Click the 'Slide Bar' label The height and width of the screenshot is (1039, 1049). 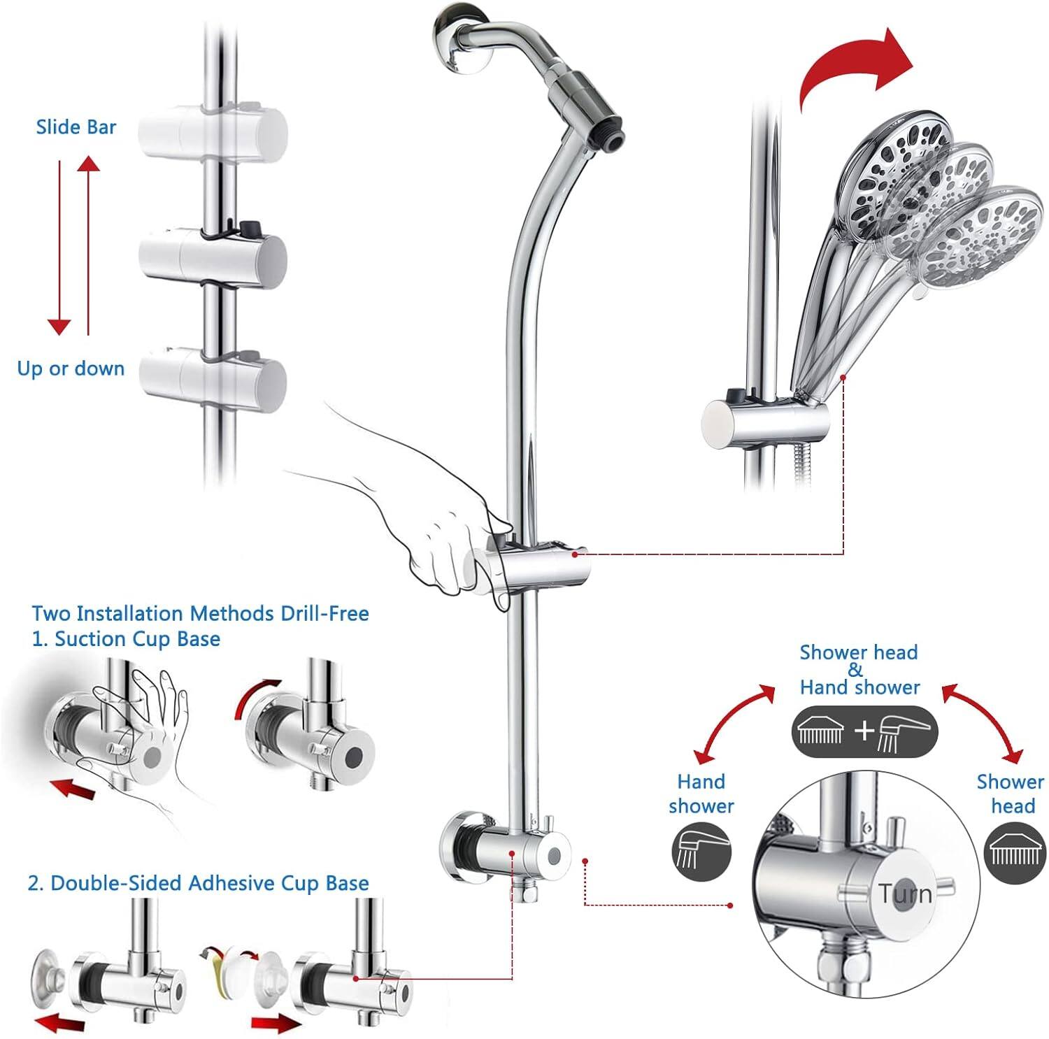(x=76, y=127)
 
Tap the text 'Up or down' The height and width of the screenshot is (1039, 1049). (x=71, y=368)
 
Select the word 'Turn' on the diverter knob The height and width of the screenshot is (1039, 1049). (x=905, y=894)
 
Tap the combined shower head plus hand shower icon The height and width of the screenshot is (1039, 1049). (x=864, y=731)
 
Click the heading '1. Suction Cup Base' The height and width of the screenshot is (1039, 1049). (x=127, y=639)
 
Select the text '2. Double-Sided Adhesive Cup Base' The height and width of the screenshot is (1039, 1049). (x=198, y=883)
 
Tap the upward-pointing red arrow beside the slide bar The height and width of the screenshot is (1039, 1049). (x=88, y=245)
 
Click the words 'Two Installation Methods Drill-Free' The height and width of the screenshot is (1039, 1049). (x=200, y=614)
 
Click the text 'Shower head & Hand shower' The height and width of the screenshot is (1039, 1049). (x=859, y=670)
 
